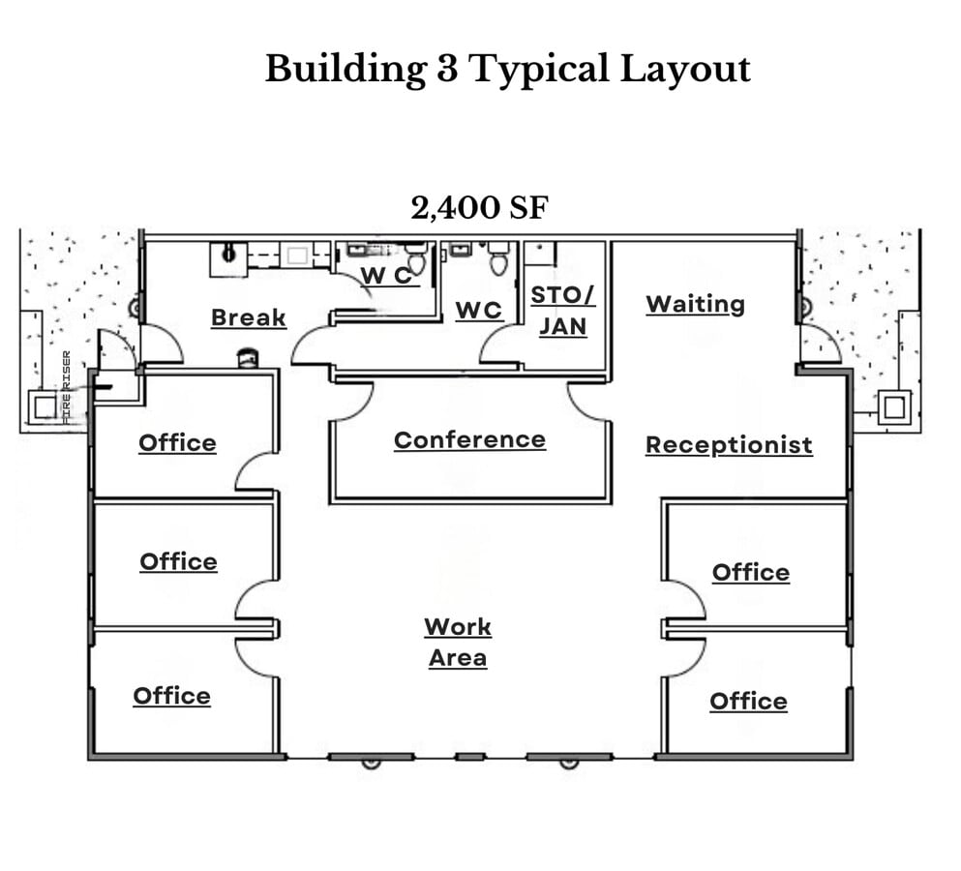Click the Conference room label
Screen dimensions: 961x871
tap(469, 440)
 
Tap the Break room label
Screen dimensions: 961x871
tap(248, 318)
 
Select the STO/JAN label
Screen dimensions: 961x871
tap(562, 311)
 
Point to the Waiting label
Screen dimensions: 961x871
tap(695, 305)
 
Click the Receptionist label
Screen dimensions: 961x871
tap(729, 445)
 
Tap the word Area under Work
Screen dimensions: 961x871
tap(458, 658)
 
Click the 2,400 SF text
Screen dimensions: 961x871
tap(479, 208)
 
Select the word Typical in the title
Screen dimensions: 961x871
tap(539, 70)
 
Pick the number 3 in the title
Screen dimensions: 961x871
tap(447, 68)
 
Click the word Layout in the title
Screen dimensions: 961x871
tap(685, 70)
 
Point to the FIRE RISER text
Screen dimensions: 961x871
tap(66, 387)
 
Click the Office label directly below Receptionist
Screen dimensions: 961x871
tap(751, 573)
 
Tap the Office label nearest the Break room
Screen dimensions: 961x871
tap(177, 443)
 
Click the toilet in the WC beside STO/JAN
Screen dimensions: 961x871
tap(497, 258)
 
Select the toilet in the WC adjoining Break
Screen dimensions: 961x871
tap(416, 258)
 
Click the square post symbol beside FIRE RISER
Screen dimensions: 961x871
tap(45, 407)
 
